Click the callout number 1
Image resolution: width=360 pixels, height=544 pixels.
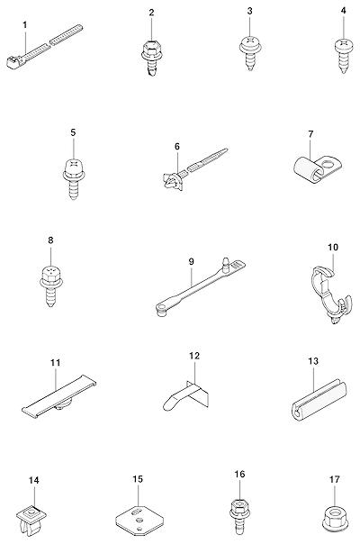pyautogui.click(x=24, y=24)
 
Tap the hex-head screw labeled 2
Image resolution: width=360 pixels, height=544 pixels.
pyautogui.click(x=151, y=58)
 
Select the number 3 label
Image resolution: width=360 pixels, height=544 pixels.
pyautogui.click(x=250, y=11)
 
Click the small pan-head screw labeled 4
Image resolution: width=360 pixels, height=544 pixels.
pyautogui.click(x=344, y=56)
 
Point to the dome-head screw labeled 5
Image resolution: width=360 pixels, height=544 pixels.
pyautogui.click(x=74, y=178)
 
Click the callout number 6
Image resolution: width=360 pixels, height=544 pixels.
pyautogui.click(x=177, y=147)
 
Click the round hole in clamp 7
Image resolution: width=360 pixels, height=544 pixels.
pyautogui.click(x=328, y=164)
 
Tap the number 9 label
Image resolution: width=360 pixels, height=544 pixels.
pyautogui.click(x=192, y=261)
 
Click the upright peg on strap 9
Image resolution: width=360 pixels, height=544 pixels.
pyautogui.click(x=226, y=264)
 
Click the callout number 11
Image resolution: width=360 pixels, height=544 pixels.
pyautogui.click(x=56, y=363)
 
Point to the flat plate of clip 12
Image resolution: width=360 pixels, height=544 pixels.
pyautogui.click(x=199, y=394)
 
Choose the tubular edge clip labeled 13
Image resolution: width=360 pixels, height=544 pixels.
pyautogui.click(x=319, y=399)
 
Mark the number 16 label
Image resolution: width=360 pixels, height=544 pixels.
pyautogui.click(x=239, y=475)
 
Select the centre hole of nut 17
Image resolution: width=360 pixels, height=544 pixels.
pyautogui.click(x=334, y=513)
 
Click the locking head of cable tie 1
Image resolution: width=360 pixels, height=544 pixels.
pyautogui.click(x=13, y=62)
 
